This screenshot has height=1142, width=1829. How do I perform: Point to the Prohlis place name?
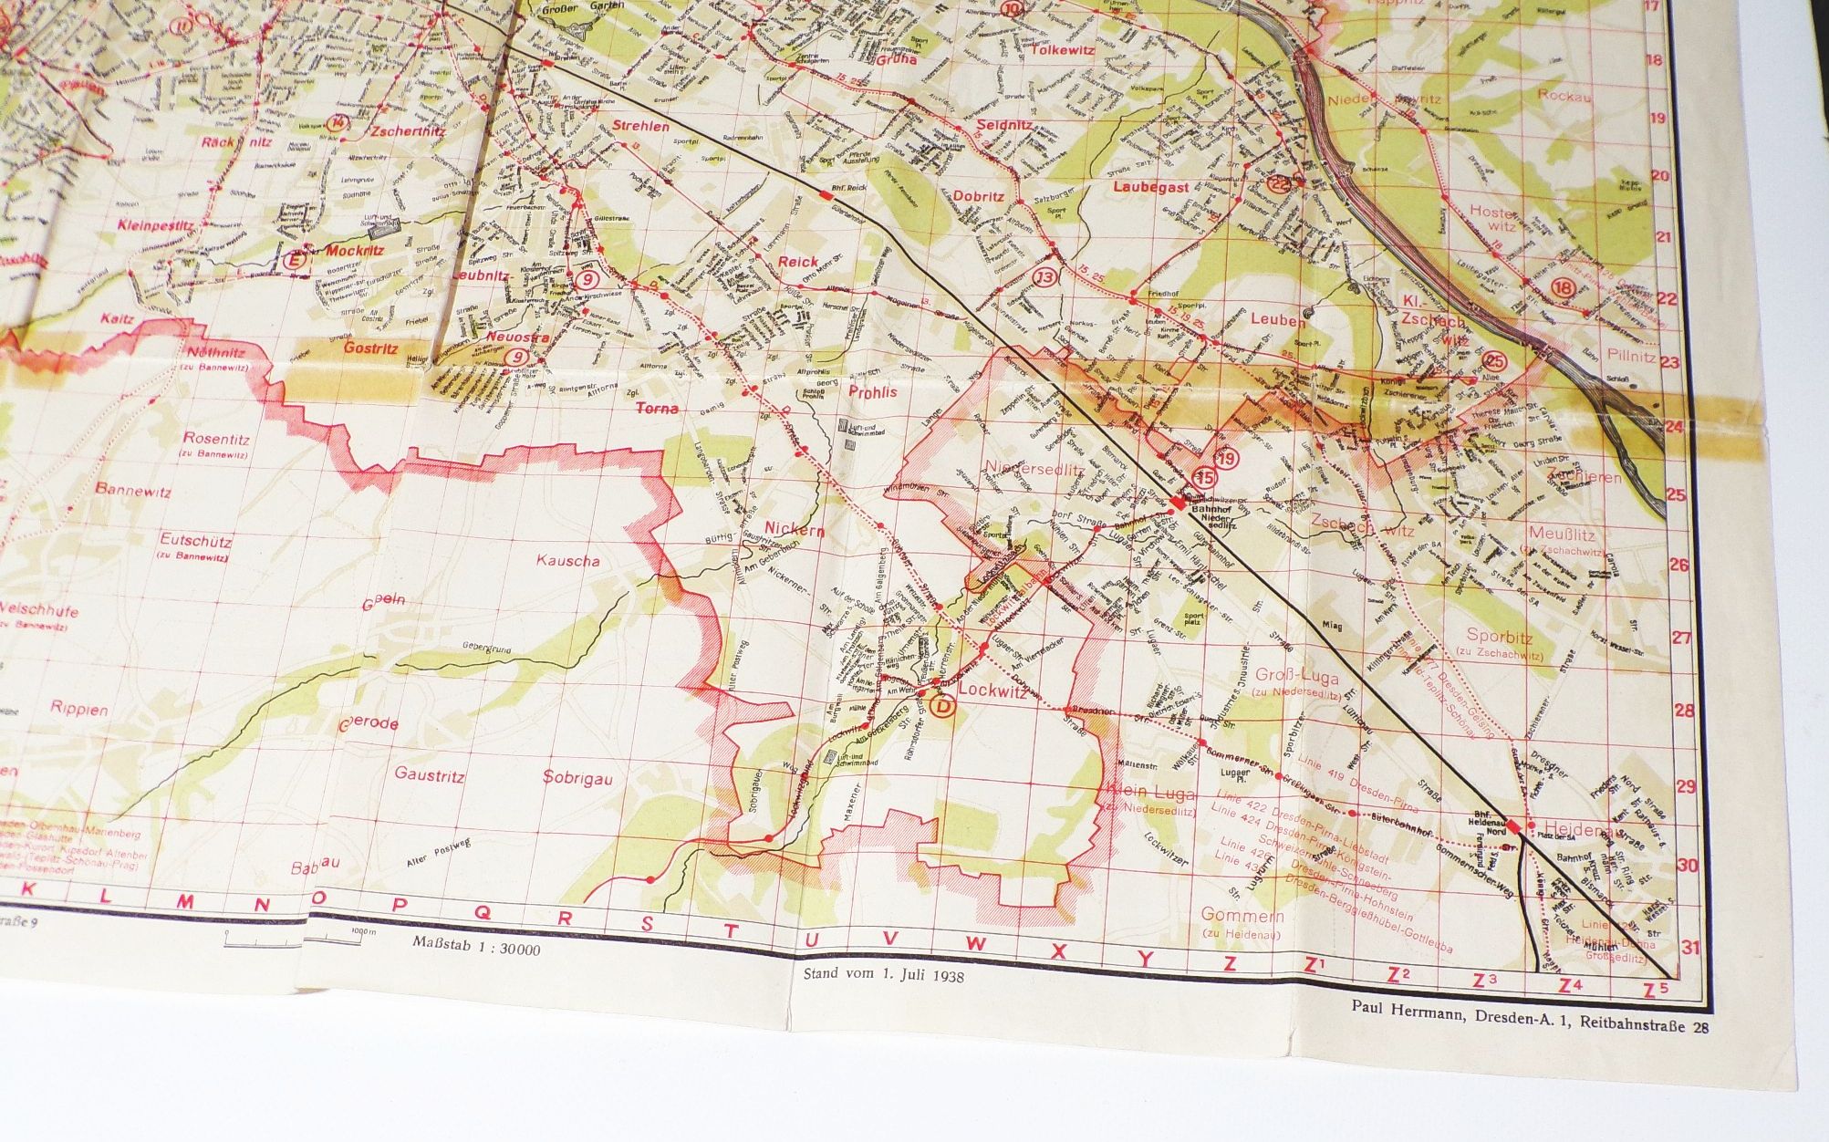pyautogui.click(x=873, y=392)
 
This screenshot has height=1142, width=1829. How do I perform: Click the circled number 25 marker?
pyautogui.click(x=1495, y=362)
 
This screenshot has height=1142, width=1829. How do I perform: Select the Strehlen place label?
pyautogui.click(x=640, y=126)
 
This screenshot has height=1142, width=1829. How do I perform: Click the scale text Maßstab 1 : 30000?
pyautogui.click(x=476, y=950)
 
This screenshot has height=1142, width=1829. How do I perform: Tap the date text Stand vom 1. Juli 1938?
pyautogui.click(x=883, y=973)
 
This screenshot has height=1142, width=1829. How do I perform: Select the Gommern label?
pyautogui.click(x=1242, y=916)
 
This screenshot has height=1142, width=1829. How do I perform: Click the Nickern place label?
pyautogui.click(x=795, y=529)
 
